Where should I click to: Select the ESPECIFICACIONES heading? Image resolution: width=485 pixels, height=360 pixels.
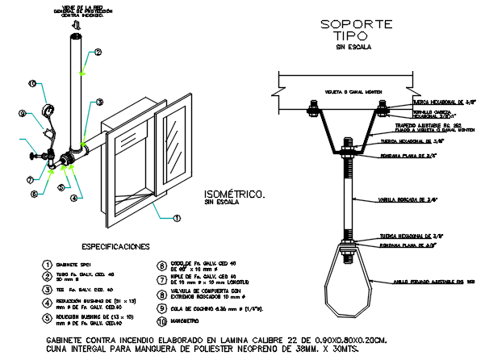pyautogui.click(x=115, y=245)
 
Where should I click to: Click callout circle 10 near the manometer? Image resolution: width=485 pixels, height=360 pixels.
pyautogui.click(x=31, y=82)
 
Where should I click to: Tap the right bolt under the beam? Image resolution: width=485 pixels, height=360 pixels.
pyautogui.click(x=383, y=107)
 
